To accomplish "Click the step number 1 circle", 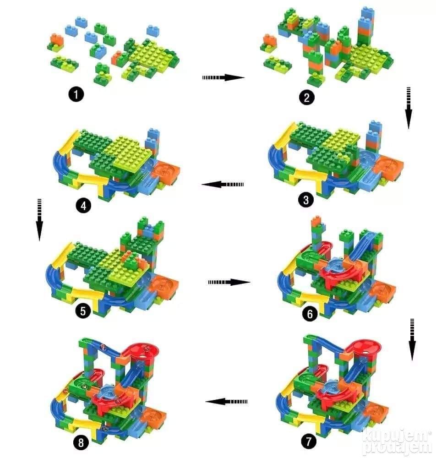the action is click(x=76, y=95).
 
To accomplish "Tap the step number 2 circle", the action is click(x=307, y=97).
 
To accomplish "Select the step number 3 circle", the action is click(x=306, y=200).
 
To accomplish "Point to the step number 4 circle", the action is click(x=83, y=206).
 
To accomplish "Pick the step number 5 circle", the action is click(x=83, y=311).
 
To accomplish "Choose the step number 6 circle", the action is click(x=310, y=314).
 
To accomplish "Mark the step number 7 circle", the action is click(x=309, y=442).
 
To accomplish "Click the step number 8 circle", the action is click(x=81, y=443).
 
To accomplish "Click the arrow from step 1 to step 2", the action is click(x=223, y=77).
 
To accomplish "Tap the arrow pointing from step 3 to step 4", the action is click(x=223, y=185).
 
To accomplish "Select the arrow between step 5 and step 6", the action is click(x=229, y=282).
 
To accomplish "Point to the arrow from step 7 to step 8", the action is click(x=226, y=402).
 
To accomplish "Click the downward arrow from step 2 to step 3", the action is click(x=409, y=108).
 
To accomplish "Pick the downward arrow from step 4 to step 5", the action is click(x=39, y=220).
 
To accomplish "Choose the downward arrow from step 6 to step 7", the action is click(x=412, y=340).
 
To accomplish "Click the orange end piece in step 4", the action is click(x=165, y=170).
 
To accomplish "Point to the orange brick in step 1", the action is click(x=57, y=39).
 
